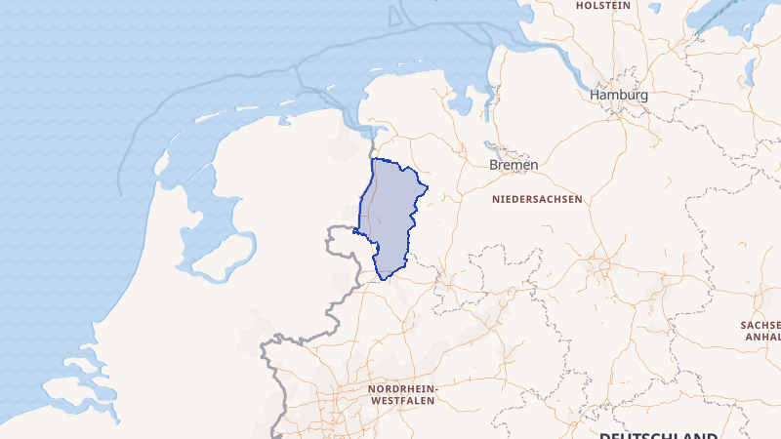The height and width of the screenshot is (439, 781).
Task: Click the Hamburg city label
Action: [x=618, y=96]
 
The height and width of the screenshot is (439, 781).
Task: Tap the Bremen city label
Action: [x=513, y=165]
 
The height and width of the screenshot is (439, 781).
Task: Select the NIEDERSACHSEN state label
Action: [x=537, y=198]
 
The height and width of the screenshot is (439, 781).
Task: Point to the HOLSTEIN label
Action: [x=601, y=5]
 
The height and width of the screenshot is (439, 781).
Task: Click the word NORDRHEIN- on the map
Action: [x=403, y=388]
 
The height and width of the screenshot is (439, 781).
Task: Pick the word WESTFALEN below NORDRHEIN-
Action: [x=403, y=400]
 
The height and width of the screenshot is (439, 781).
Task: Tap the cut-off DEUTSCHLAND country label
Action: [x=658, y=435]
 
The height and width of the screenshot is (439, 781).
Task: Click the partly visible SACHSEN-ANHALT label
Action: [x=761, y=330]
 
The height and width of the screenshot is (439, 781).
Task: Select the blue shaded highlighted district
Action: [x=390, y=215]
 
